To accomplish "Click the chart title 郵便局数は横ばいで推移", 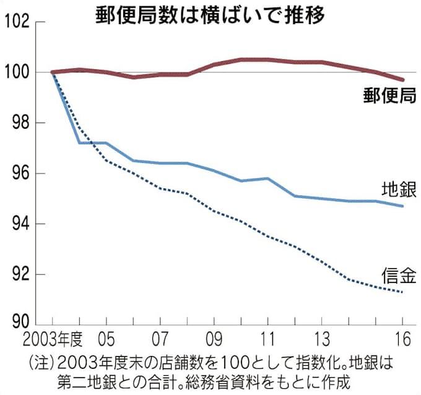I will pos(210,15).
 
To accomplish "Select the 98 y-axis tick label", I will pos(19,123).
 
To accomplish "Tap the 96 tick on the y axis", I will pos(19,173).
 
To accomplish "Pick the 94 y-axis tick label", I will pos(19,224).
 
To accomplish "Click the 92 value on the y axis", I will pos(19,274).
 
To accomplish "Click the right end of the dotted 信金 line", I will pos(403,292).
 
